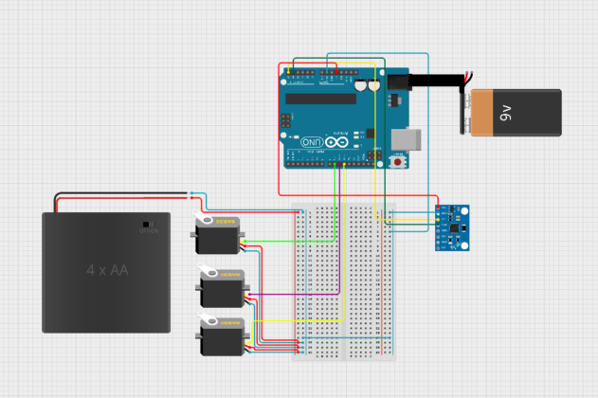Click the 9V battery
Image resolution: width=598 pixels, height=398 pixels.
pos(516,113)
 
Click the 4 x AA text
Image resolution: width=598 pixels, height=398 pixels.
pos(106,270)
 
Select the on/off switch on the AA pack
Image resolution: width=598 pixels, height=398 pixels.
pos(145,226)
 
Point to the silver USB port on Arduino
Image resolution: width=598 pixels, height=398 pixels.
pos(406,138)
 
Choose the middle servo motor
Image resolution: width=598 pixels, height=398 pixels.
pos(223,288)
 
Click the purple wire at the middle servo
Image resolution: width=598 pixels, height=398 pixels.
pos(275,295)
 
